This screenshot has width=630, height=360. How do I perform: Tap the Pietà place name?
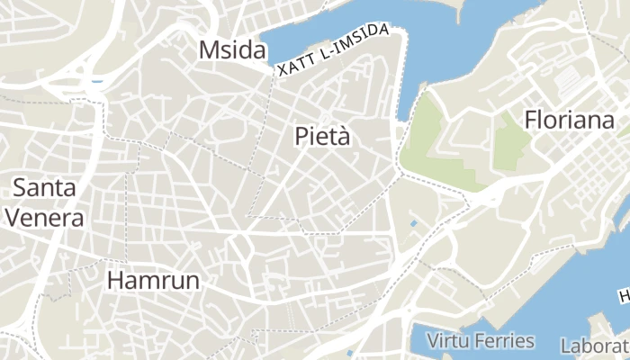pyautogui.click(x=321, y=137)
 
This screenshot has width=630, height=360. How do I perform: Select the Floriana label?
pyautogui.click(x=569, y=120)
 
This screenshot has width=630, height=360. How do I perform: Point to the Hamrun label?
pyautogui.click(x=153, y=280)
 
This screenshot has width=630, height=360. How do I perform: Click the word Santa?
pyautogui.click(x=44, y=188)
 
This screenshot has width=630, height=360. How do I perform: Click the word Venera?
pyautogui.click(x=44, y=217)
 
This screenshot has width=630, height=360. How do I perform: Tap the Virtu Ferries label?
pyautogui.click(x=481, y=341)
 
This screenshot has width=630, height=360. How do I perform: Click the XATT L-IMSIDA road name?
pyautogui.click(x=333, y=50)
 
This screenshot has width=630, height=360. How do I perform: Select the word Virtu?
pyautogui.click(x=447, y=341)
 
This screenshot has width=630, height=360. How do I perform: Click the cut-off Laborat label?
pyautogui.click(x=594, y=346)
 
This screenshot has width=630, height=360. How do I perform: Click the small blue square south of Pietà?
pyautogui.click(x=413, y=222)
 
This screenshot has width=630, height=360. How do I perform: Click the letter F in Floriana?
pyautogui.click(x=531, y=120)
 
